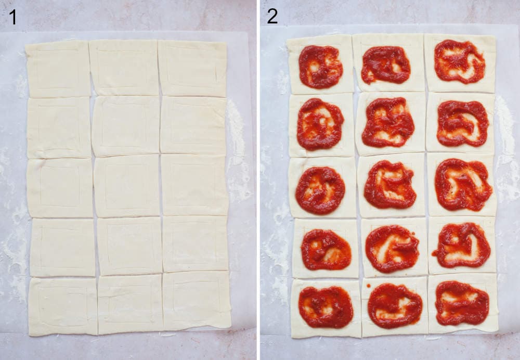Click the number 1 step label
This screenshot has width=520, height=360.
click(12, 17)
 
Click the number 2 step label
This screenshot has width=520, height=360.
click(272, 17)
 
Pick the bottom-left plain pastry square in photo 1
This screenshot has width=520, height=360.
click(63, 306)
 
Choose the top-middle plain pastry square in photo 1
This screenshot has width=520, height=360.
click(124, 68)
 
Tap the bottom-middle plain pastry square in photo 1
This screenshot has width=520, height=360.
click(130, 305)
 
